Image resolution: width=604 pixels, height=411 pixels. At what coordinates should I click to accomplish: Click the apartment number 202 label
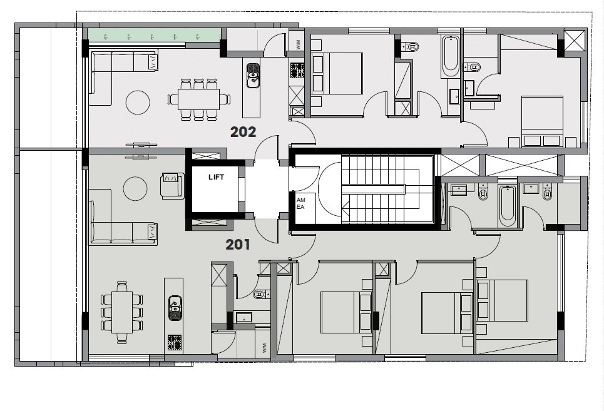coord(243,132)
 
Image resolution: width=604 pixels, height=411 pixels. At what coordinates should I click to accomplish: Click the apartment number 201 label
coord(238,245)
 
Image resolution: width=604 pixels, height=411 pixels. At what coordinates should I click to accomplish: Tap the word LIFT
coord(216,177)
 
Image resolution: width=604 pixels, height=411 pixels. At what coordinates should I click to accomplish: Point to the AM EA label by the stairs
coord(300,203)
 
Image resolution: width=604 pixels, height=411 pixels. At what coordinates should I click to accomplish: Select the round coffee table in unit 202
coord(138,102)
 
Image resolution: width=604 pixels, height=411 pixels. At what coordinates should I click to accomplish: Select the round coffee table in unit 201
coord(135,188)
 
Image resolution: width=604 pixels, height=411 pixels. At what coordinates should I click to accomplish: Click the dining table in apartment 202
coord(199,99)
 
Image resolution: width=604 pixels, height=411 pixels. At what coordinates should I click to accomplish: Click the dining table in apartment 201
coord(122,312)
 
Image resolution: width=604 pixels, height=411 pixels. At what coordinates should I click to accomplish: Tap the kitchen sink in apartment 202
coord(253,76)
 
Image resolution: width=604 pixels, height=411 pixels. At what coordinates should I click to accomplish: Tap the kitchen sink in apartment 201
coord(175,308)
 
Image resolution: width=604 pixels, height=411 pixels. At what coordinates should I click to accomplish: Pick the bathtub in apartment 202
coord(450,56)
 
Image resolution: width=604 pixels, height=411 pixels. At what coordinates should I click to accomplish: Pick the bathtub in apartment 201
coord(507,206)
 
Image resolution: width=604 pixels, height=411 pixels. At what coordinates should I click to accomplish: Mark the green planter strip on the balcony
coord(154,36)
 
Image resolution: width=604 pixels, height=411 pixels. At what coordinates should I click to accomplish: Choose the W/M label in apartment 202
coord(298,44)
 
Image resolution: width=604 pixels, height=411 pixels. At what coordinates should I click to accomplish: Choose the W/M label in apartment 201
coord(264,348)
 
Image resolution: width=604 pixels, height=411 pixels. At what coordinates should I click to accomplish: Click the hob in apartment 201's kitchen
coord(175,343)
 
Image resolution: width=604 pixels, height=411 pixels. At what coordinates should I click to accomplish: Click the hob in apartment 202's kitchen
coord(297,71)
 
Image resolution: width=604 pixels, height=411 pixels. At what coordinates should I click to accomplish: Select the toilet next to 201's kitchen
coord(262,295)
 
